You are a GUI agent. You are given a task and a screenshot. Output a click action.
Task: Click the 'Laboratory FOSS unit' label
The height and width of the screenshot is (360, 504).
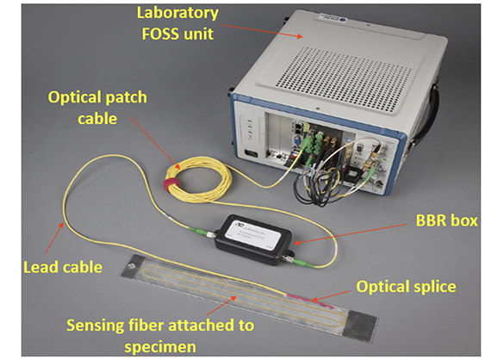(x=177, y=23)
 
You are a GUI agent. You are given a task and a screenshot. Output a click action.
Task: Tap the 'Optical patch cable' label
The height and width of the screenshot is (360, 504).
(x=97, y=108)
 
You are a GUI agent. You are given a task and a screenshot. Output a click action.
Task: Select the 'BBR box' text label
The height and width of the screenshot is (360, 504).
(x=446, y=220)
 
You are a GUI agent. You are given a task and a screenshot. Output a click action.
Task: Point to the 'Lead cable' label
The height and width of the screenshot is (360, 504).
(x=63, y=267)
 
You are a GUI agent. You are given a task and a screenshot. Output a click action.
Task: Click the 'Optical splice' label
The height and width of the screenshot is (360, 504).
(x=406, y=287)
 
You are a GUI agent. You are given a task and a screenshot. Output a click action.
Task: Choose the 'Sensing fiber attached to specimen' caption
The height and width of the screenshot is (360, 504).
(x=160, y=336)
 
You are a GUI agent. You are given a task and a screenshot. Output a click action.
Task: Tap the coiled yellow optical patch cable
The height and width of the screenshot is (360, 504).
(x=198, y=179)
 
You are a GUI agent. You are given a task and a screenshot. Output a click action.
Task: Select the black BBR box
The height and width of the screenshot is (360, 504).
(x=253, y=239)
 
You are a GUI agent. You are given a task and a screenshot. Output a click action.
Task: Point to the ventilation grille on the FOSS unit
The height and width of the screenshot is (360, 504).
(x=343, y=78)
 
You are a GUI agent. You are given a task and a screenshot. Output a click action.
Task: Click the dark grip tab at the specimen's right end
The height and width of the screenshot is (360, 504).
(x=359, y=326)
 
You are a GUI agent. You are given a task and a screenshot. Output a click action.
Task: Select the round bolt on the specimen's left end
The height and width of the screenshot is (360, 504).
(x=131, y=266)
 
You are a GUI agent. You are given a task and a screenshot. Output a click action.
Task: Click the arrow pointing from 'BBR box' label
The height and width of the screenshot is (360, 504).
(x=351, y=233)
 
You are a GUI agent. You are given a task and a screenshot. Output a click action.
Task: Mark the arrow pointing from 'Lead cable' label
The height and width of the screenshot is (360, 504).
(x=54, y=239)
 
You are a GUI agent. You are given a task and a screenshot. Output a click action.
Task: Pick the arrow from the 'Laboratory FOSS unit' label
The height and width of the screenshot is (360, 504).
(x=262, y=31)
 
